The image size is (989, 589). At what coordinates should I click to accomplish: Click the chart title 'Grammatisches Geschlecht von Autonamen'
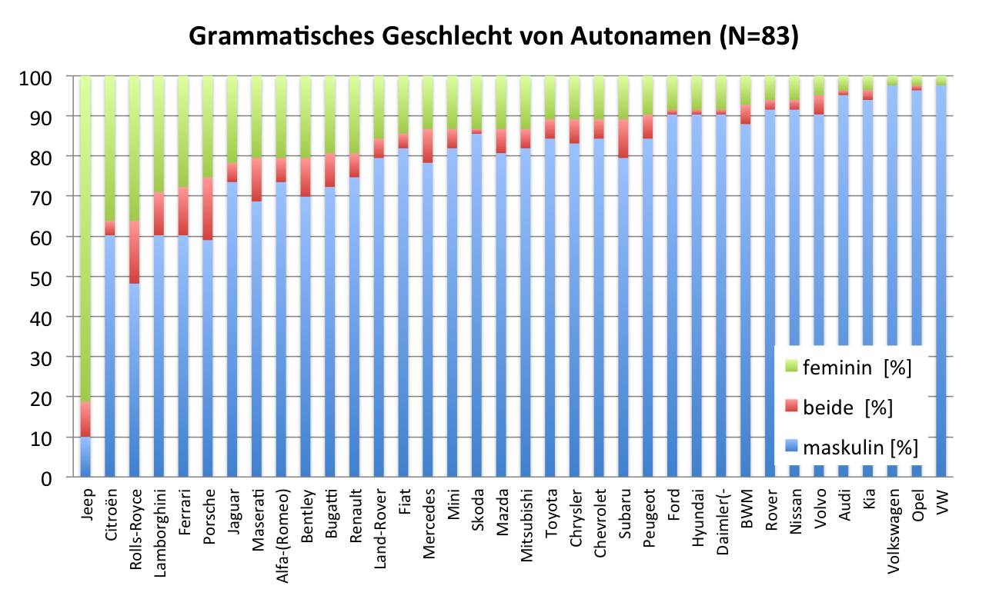pos(493,36)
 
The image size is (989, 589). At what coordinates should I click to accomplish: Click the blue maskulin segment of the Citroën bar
pos(110,354)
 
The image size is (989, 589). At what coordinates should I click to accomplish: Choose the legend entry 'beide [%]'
pos(847,408)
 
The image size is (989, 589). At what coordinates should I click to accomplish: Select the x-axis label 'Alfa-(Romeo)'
pos(282,530)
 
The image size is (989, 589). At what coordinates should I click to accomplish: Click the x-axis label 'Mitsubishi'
pos(526,523)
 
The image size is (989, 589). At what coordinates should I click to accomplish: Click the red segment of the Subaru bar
pos(624,139)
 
